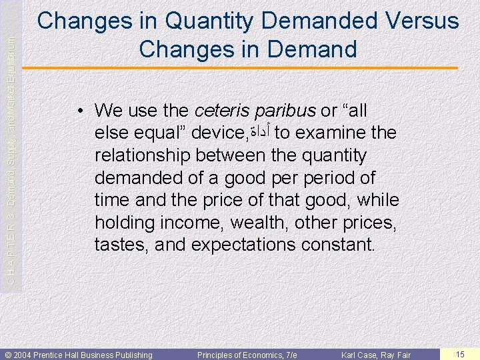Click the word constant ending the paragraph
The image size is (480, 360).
[339, 245]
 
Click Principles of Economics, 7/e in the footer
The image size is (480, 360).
[247, 355]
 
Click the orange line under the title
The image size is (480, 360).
[247, 69]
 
